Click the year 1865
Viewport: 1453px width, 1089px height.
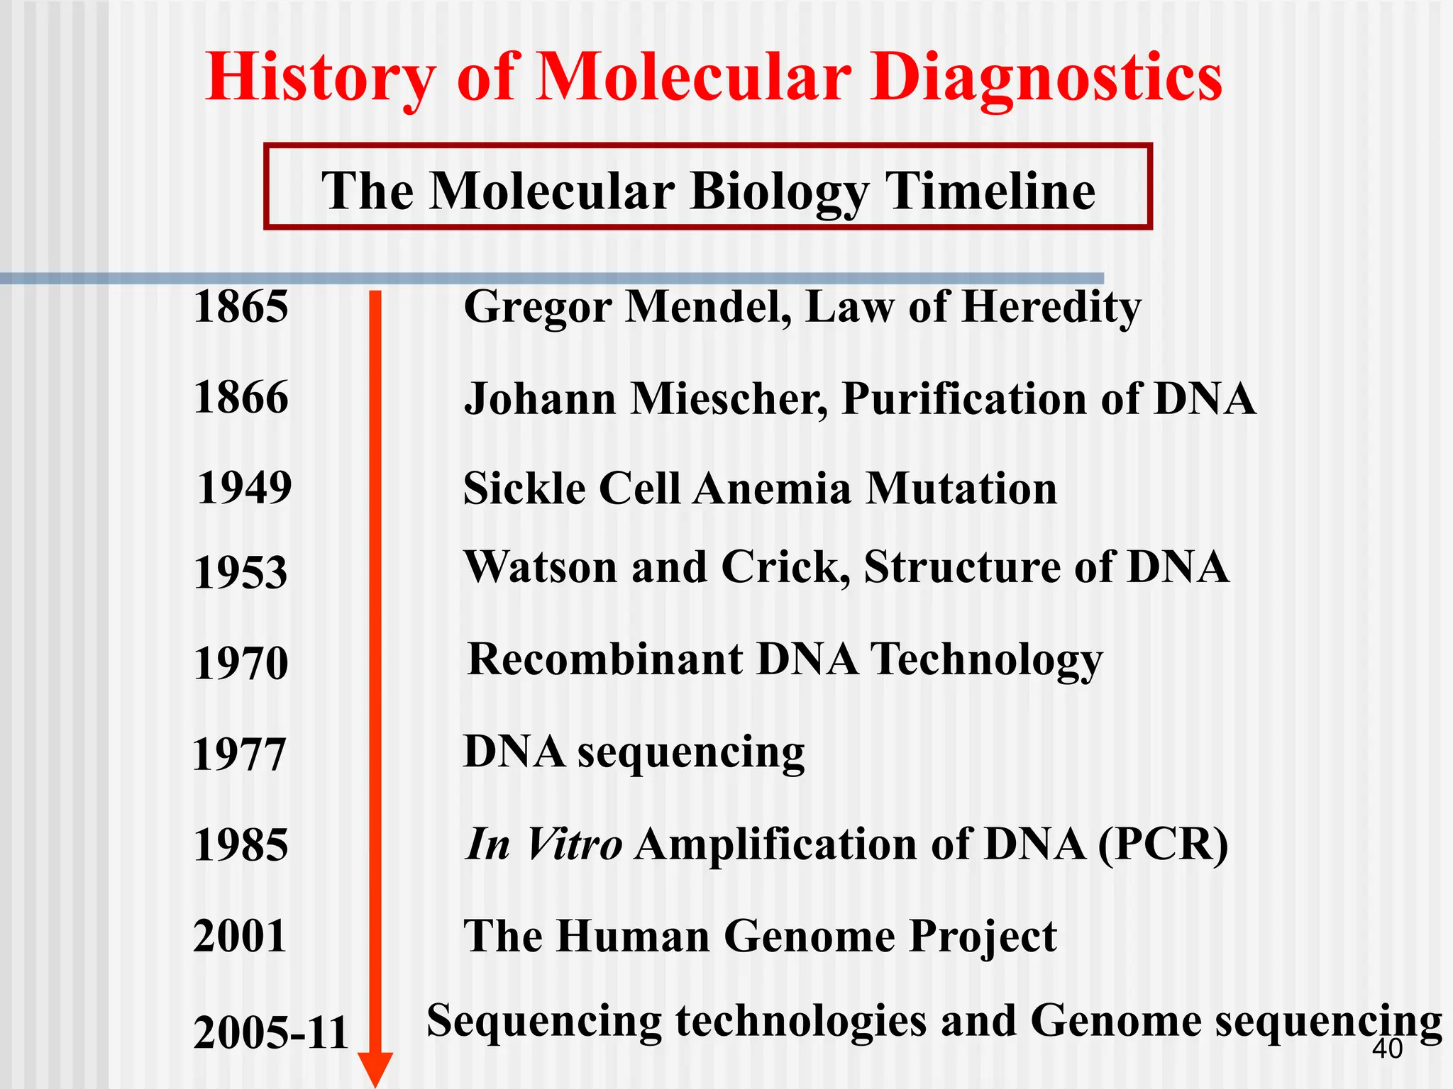241,307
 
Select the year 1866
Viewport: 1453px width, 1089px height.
241,397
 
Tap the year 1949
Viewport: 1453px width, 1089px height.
244,488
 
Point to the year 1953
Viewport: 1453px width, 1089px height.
241,572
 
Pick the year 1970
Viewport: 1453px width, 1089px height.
241,664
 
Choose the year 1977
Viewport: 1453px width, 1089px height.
239,754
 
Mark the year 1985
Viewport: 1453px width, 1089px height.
241,845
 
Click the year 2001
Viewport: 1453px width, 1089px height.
240,936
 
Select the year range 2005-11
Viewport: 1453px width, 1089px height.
270,1033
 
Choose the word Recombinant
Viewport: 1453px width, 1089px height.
604,659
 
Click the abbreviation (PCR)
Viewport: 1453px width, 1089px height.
1162,845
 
